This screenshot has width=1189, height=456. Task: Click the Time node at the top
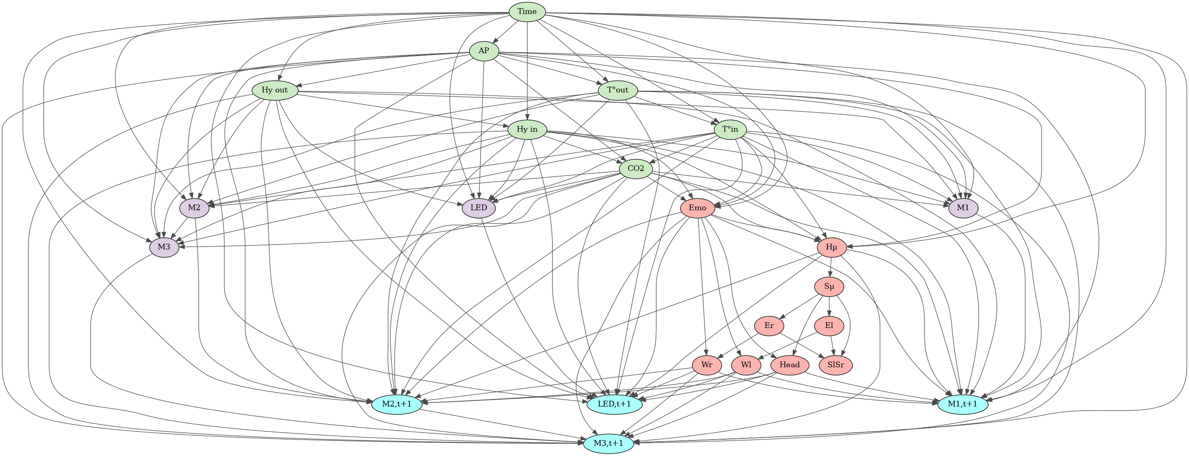click(527, 11)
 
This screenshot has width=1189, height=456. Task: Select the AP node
click(484, 51)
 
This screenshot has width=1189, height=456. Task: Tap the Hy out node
click(275, 90)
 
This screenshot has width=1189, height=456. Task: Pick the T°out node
click(617, 90)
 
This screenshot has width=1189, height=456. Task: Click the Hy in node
click(527, 130)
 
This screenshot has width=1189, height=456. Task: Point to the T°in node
click(730, 130)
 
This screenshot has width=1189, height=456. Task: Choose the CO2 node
click(635, 169)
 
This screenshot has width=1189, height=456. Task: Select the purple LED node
click(479, 208)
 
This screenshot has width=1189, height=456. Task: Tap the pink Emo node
click(697, 208)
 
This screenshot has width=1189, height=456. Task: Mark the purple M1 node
click(963, 208)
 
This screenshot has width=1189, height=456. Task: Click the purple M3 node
click(164, 247)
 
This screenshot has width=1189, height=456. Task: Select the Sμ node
click(830, 287)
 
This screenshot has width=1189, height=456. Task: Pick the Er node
click(769, 326)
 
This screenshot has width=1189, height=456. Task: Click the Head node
click(790, 365)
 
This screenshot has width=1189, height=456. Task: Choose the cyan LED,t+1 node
click(614, 404)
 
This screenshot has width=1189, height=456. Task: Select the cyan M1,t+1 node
click(963, 404)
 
